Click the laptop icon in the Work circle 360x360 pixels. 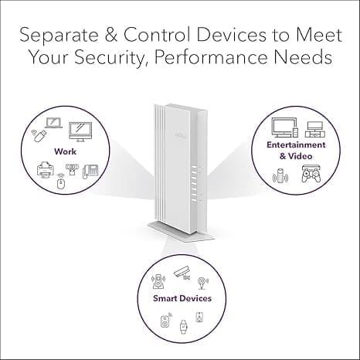tap(54, 123)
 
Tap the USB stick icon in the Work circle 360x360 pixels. tap(39, 135)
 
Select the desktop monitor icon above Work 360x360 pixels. tap(80, 132)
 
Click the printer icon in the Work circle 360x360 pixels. tap(46, 169)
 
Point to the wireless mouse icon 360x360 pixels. tap(61, 182)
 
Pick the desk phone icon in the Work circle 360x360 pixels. tap(90, 172)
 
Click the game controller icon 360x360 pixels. tap(311, 174)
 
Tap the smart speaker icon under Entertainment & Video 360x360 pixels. tap(280, 176)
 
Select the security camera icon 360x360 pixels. tap(182, 273)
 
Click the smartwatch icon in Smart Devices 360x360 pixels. tap(183, 327)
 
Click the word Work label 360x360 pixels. tap(65, 151)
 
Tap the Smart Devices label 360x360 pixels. tap(182, 298)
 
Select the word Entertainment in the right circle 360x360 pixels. tap(296, 144)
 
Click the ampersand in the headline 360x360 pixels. tap(111, 35)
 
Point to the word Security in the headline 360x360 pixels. tap(109, 58)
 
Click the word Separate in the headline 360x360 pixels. tap(59, 36)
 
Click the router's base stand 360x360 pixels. tap(181, 232)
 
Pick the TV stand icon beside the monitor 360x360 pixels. tap(315, 129)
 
